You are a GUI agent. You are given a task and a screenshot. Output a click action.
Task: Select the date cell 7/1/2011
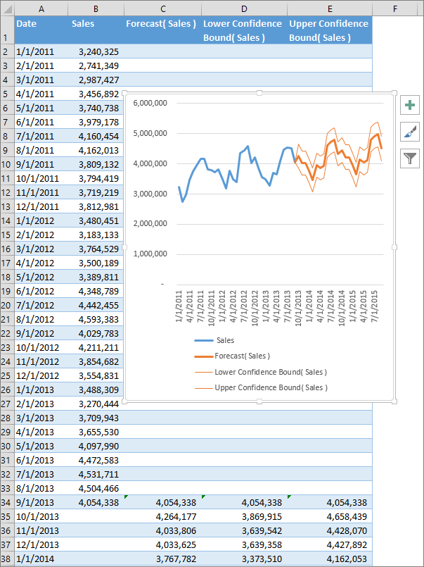pos(35,136)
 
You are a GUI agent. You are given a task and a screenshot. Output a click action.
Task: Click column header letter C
pos(162,8)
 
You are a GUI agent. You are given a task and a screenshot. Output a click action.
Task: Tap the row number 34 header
pos(6,502)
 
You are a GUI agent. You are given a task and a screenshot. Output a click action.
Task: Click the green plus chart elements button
pos(410,106)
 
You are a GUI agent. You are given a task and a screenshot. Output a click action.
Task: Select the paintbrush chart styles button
pos(410,132)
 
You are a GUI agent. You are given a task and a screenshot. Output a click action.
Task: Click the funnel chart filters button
pos(410,158)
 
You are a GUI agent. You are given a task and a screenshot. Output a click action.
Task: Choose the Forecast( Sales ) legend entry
pos(242,356)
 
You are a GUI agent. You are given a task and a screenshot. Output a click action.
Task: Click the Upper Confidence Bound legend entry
pos(271,387)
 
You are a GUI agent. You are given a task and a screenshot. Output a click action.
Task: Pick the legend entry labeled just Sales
pos(225,340)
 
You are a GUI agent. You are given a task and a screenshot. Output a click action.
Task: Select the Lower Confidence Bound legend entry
pos(270,372)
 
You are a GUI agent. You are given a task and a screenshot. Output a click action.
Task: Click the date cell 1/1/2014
pos(35,559)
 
